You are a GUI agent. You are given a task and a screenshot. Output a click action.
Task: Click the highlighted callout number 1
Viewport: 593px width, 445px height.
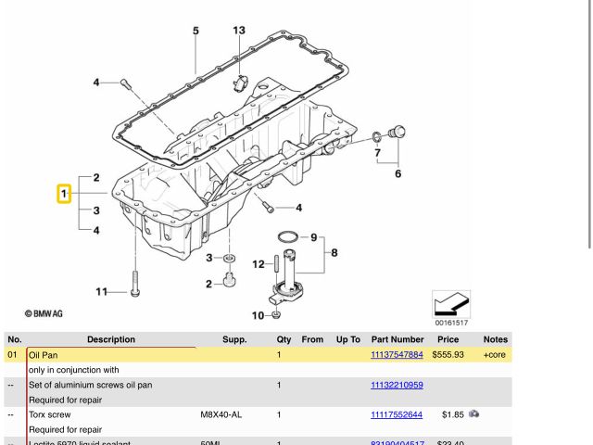[64, 195]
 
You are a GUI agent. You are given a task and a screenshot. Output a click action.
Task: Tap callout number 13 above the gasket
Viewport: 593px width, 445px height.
[239, 31]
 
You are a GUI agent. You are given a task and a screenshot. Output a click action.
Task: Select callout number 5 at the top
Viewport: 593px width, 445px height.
[196, 31]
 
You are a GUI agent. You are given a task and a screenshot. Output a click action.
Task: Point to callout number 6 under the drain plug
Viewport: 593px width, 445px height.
[398, 173]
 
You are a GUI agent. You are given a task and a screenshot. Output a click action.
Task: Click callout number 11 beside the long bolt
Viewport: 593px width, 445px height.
[101, 292]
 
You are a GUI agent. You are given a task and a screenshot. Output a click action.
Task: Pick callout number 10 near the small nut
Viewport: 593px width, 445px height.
[257, 316]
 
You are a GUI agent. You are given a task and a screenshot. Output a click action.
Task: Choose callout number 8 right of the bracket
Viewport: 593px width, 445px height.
[334, 252]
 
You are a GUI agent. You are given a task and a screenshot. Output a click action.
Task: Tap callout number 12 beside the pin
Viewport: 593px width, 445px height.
[258, 264]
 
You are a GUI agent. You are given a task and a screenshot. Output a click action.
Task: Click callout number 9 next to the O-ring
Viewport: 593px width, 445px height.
[314, 236]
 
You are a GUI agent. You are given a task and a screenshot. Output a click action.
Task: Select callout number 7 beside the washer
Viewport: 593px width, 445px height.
[377, 151]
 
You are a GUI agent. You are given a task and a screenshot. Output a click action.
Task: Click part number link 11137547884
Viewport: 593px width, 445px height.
[397, 354]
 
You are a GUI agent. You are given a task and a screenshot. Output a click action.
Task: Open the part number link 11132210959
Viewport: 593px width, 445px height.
[397, 385]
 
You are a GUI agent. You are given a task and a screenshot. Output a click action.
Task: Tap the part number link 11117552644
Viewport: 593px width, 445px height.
[397, 414]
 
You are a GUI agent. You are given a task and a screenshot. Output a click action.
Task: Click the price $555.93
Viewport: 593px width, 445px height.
[448, 354]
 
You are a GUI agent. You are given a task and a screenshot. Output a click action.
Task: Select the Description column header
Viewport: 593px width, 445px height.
[111, 339]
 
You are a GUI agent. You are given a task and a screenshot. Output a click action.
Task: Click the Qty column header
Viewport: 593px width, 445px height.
[284, 339]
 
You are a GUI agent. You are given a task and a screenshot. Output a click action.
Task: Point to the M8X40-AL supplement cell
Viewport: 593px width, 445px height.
[221, 414]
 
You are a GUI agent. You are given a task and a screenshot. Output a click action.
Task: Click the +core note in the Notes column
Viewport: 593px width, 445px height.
[495, 354]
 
